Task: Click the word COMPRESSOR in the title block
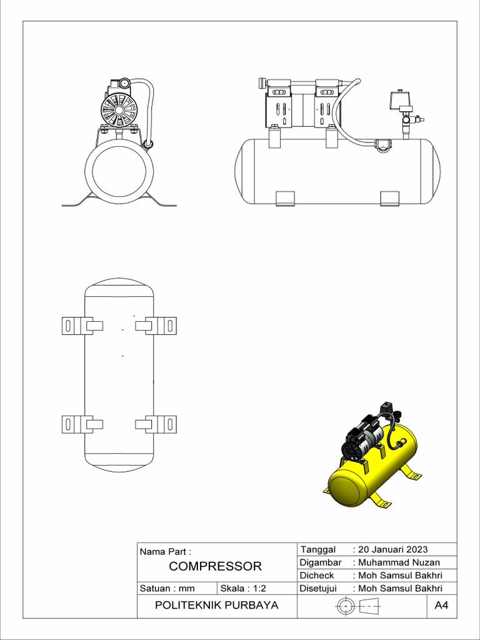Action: [x=216, y=567]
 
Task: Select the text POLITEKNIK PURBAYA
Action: [x=216, y=606]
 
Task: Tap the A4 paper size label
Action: [x=442, y=606]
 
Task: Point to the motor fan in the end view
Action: [x=118, y=111]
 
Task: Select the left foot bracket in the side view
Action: [x=285, y=198]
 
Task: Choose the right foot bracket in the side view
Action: [x=389, y=198]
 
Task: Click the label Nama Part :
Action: [x=165, y=552]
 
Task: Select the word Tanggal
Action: [x=318, y=549]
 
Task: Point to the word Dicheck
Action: [x=317, y=576]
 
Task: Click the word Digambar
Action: [x=320, y=562]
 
